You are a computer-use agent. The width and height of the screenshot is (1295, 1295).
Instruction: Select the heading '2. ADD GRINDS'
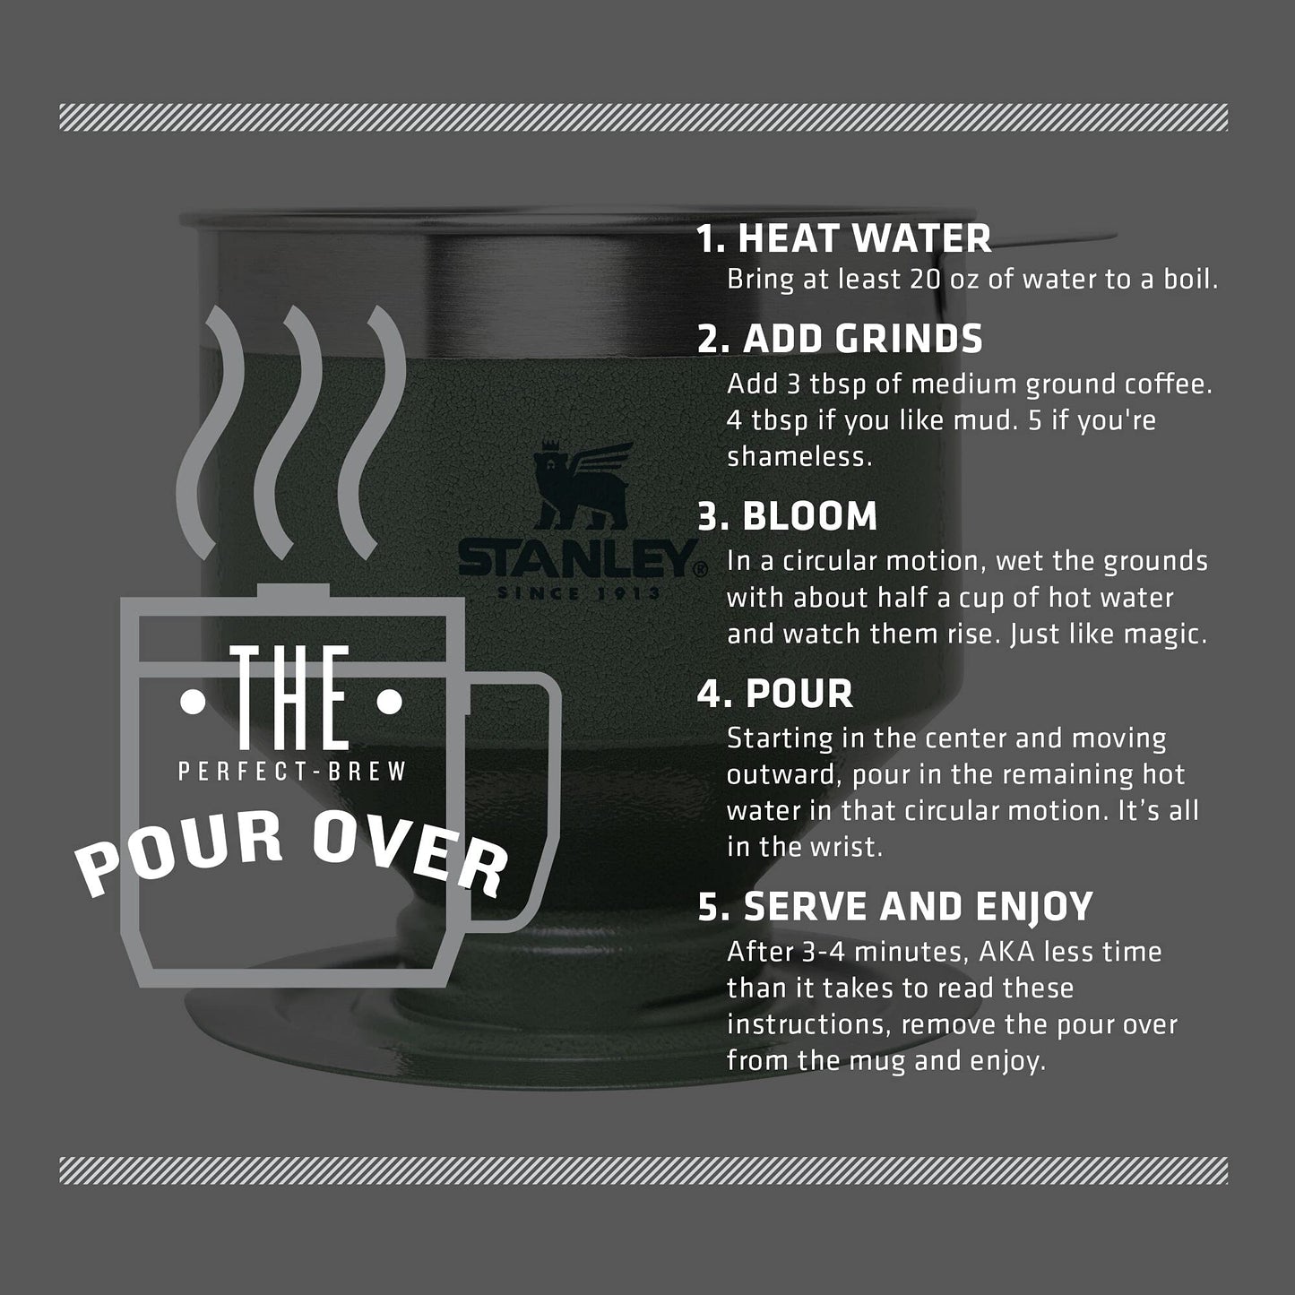coord(840,338)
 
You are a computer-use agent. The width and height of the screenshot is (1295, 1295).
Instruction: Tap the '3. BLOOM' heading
coord(788,516)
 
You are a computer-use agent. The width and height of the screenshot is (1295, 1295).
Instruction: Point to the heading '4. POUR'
coord(775,694)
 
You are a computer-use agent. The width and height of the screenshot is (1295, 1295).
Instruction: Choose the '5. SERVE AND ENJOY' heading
coord(895,907)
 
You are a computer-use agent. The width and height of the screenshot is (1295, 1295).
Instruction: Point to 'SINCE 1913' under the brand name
coord(579,593)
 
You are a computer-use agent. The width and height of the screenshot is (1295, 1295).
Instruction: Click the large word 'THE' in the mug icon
coord(290,697)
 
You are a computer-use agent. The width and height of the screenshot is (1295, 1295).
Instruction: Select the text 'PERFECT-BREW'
coord(292,771)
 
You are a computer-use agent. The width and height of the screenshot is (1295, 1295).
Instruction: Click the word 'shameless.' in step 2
coord(799,457)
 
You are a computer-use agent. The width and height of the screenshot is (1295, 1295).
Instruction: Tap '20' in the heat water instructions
coord(926,280)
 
